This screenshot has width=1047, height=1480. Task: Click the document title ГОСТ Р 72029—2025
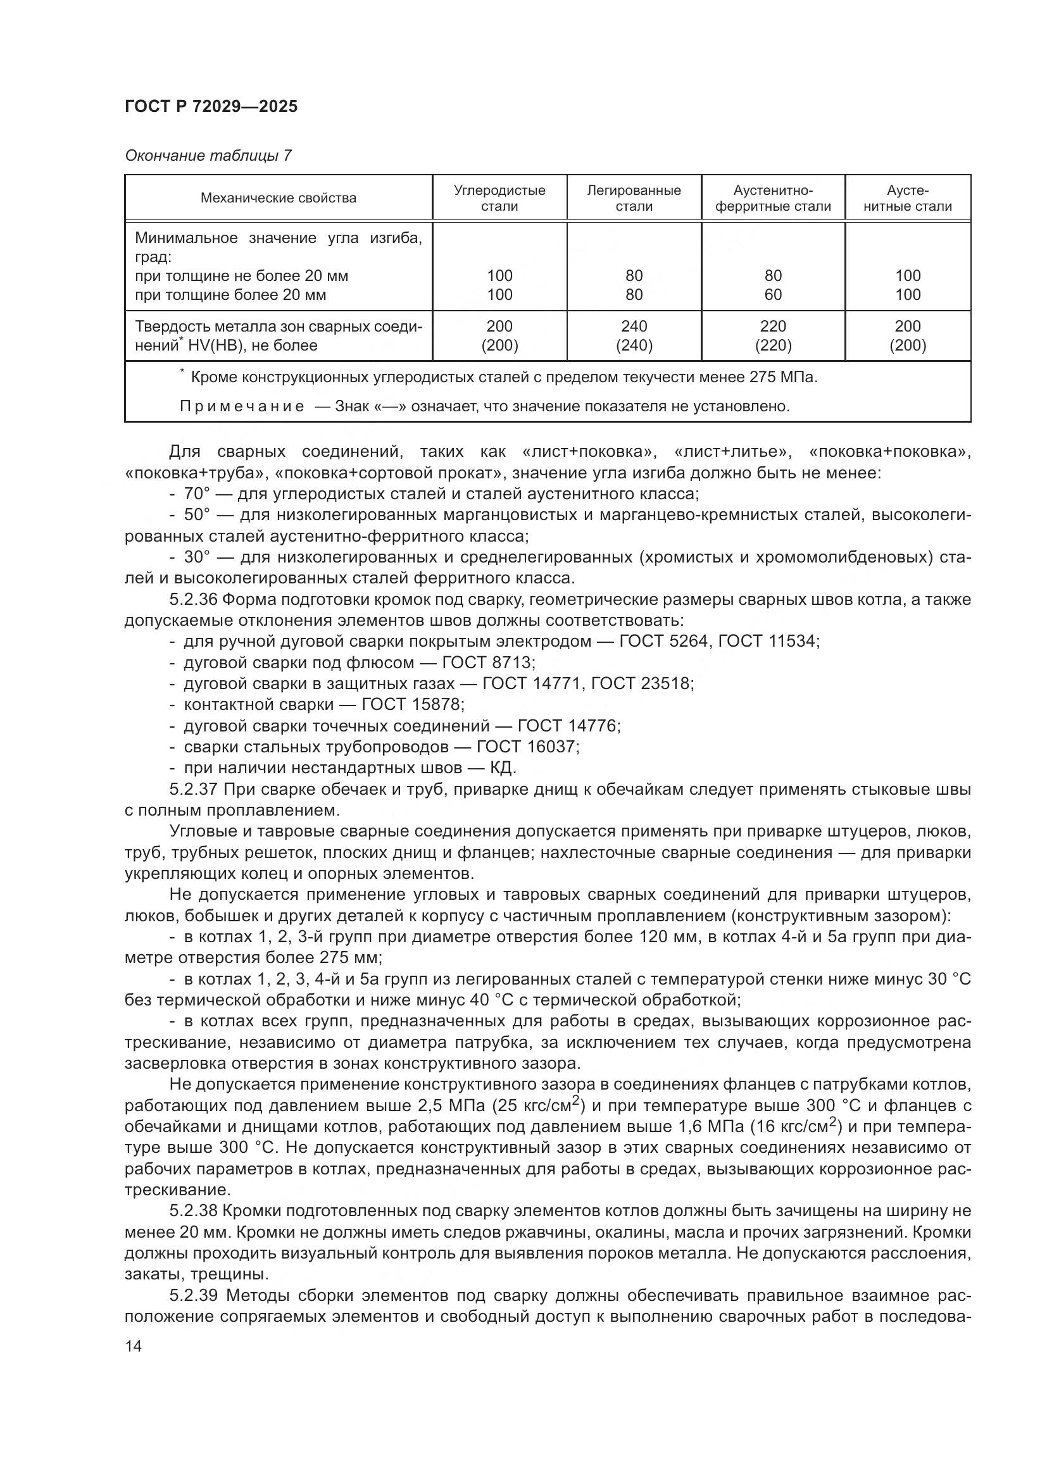coord(211,106)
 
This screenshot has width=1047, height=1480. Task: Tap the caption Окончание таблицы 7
coord(208,156)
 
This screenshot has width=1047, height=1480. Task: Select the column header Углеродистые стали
coord(499,198)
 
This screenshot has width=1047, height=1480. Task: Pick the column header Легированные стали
coord(633,198)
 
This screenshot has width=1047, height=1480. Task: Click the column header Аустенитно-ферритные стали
coord(772,198)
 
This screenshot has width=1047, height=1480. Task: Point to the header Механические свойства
coord(278,198)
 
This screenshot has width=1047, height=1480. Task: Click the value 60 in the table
coord(772,295)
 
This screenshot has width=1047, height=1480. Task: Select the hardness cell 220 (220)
coord(772,335)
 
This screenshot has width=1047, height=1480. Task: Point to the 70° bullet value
coord(197,494)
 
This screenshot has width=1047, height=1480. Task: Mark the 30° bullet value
coord(197,557)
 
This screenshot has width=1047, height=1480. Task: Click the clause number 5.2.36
coord(194,599)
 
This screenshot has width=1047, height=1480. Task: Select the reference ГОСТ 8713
coord(487,662)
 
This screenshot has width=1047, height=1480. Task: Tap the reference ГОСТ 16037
coord(527,747)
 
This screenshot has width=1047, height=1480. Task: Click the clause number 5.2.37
coord(194,789)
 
